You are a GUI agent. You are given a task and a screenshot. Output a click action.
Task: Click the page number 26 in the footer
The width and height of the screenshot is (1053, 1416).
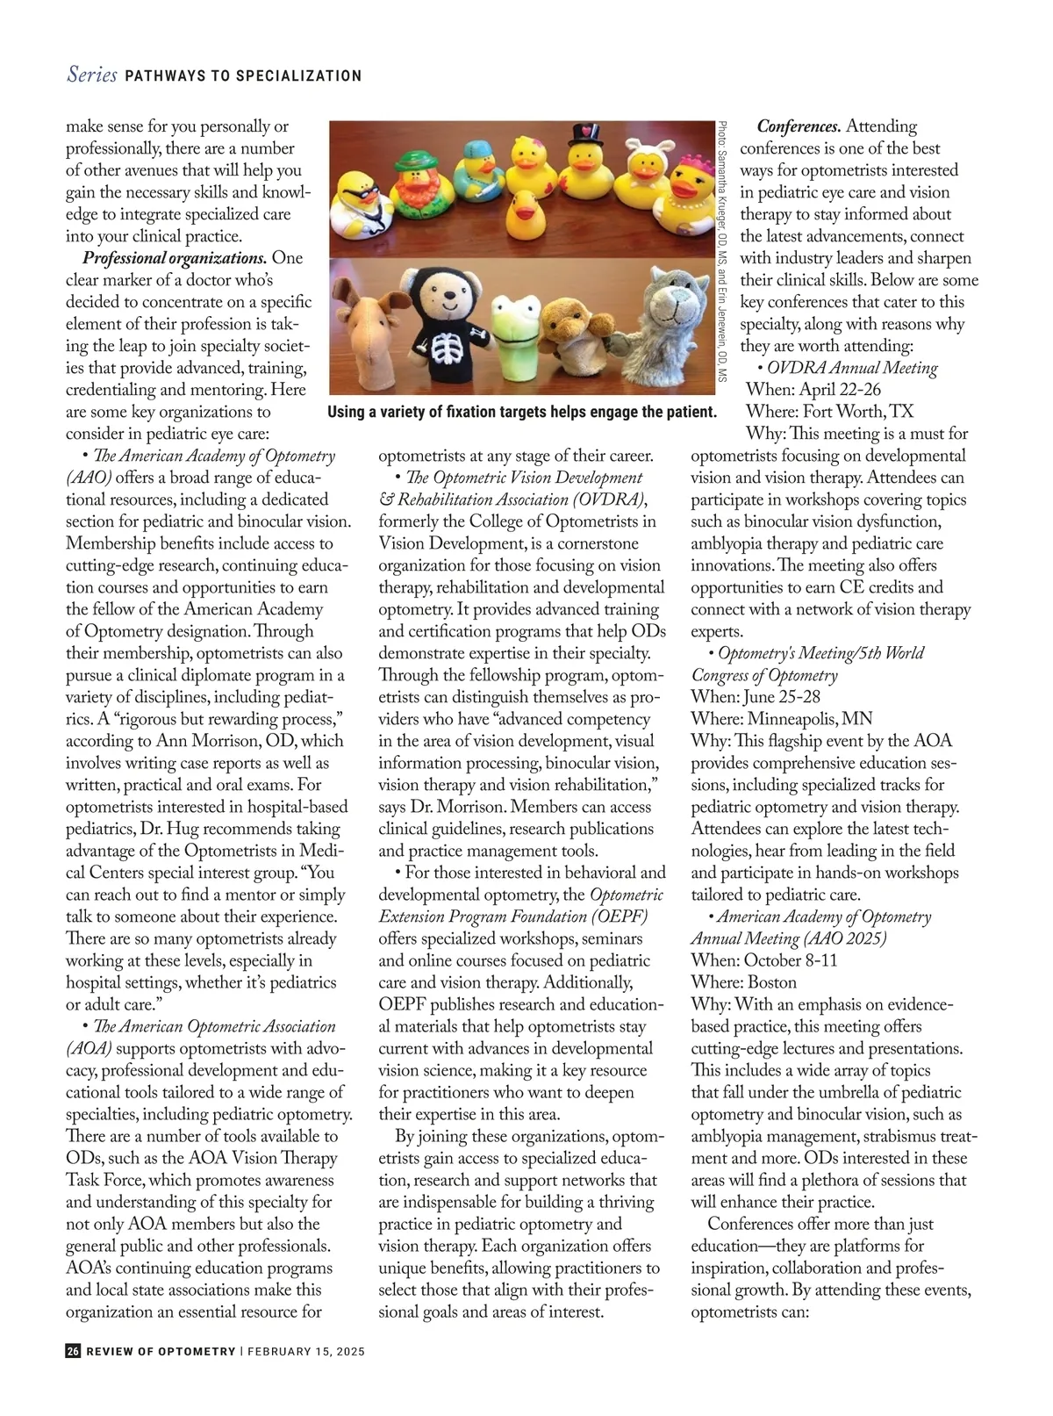73,1351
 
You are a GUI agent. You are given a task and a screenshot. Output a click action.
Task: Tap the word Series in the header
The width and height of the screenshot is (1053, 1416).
91,75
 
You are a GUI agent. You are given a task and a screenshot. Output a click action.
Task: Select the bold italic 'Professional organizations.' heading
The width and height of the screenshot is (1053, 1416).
175,258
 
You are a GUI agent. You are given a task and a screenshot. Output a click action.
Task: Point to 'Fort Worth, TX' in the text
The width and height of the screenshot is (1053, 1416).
856,412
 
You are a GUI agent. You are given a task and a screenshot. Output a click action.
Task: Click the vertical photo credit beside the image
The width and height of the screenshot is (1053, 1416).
721,250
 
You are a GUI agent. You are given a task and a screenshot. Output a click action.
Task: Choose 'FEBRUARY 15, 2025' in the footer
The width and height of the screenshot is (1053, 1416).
306,1352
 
